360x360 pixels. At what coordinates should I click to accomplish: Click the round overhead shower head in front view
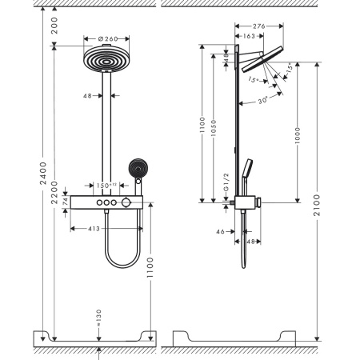[x=106, y=61]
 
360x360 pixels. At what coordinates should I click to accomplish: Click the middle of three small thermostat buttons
[x=106, y=206]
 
